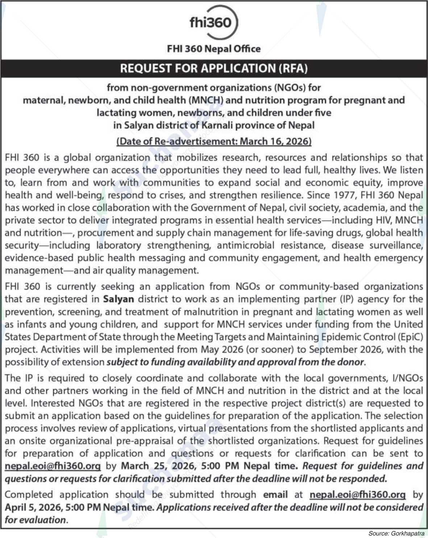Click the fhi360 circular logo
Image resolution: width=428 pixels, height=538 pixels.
coord(213,22)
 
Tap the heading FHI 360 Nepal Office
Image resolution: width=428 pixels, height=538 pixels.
coord(213,49)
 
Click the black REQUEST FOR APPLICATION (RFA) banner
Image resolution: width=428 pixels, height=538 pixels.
coord(214,68)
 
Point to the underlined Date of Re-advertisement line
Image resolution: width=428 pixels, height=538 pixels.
coord(214,141)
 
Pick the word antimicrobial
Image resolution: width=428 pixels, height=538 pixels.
coord(245,245)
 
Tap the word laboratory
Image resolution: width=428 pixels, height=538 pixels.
coord(119,245)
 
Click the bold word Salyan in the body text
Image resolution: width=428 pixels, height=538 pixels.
coord(119,299)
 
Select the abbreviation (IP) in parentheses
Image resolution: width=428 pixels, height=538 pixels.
coord(346,299)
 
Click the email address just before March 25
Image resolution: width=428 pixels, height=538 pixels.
coord(53,466)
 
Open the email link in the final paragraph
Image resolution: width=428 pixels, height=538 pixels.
coord(357,494)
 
